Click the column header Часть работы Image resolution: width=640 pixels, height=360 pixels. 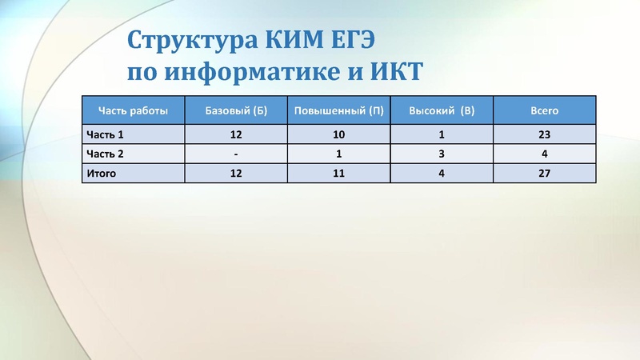tap(133, 110)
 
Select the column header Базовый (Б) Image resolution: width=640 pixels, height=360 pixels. tap(236, 110)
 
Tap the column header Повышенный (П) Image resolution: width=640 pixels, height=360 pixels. tap(339, 110)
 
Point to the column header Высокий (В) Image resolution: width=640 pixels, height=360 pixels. tap(442, 110)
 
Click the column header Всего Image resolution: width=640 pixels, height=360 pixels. tap(544, 110)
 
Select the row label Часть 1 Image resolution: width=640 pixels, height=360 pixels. tap(106, 134)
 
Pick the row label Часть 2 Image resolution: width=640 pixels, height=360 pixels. tap(106, 154)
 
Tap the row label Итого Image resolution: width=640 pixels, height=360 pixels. tap(102, 173)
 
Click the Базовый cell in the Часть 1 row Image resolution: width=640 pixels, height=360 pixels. tap(236, 134)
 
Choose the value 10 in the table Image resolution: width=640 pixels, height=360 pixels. tap(339, 134)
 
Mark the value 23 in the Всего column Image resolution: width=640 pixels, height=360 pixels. tap(544, 134)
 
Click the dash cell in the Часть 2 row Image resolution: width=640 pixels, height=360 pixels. tap(236, 154)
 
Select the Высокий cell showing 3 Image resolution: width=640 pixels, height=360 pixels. tap(442, 154)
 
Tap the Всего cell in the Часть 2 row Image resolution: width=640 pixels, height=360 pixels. tap(544, 154)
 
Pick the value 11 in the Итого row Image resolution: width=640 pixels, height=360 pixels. tap(339, 173)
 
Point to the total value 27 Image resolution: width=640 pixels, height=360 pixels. tap(544, 173)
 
